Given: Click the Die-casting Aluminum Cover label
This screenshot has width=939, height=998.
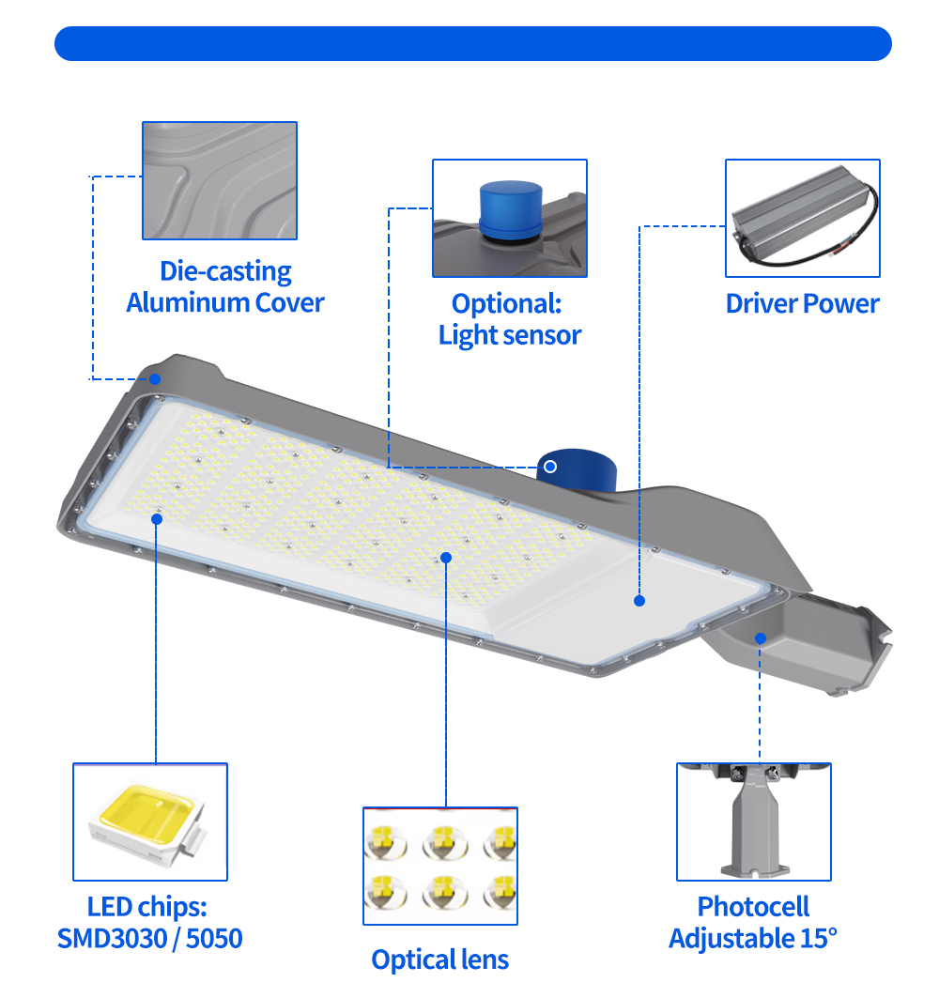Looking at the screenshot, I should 225,287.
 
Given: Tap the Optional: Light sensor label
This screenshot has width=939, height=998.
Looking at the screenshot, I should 509,319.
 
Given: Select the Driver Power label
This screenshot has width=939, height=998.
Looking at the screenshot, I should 802,303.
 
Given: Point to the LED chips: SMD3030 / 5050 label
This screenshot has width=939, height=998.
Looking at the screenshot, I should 150,922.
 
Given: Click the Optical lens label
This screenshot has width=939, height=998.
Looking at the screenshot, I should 439,959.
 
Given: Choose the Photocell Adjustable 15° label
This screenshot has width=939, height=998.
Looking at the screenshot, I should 753,922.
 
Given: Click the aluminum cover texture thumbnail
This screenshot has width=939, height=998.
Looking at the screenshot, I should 220,179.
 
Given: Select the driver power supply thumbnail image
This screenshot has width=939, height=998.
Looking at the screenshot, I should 802,219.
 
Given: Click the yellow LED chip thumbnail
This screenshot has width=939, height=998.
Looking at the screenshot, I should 150,821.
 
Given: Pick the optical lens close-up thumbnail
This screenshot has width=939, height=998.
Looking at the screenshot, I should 440,865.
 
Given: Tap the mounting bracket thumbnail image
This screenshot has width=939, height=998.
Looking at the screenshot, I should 754,821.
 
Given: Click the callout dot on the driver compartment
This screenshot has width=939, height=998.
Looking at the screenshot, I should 639,601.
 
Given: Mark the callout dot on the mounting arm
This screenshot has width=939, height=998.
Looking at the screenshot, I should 761,637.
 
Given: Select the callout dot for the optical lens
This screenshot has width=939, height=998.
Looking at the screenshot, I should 446,558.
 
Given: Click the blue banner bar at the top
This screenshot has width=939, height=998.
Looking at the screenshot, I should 472,44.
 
